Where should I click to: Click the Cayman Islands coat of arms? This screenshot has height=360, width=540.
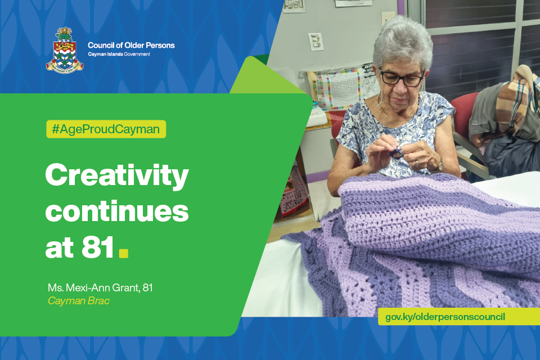click(x=65, y=49)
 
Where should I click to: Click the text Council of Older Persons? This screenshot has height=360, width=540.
click(x=131, y=45)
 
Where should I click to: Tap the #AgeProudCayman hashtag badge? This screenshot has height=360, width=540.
click(x=106, y=129)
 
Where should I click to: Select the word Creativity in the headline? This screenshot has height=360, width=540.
click(x=117, y=175)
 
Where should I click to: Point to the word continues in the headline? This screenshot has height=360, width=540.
click(x=117, y=211)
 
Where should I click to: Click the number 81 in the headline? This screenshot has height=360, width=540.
click(x=98, y=247)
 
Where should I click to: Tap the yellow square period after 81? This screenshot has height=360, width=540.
click(x=123, y=253)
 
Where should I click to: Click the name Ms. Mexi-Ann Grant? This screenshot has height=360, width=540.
click(x=93, y=287)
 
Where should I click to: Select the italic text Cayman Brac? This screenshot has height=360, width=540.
click(x=79, y=301)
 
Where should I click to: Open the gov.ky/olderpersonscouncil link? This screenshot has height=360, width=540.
click(x=445, y=317)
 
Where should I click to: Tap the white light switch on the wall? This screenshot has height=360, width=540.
click(x=315, y=41)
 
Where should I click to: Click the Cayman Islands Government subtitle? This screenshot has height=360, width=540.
click(x=119, y=54)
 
